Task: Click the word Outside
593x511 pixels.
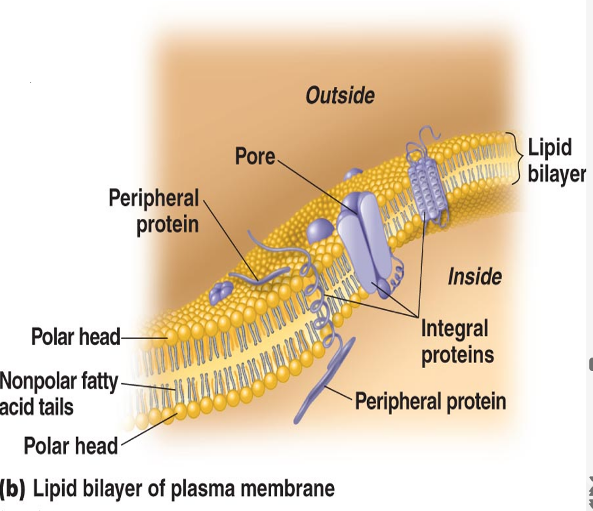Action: (x=340, y=95)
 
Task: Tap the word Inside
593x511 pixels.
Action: (x=475, y=277)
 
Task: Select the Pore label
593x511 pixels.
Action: (x=255, y=156)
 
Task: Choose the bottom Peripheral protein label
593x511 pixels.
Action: (x=431, y=402)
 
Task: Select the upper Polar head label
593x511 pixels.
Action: (x=76, y=336)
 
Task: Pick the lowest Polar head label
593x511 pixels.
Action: (x=70, y=446)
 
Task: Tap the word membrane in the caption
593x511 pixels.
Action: (x=289, y=489)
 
